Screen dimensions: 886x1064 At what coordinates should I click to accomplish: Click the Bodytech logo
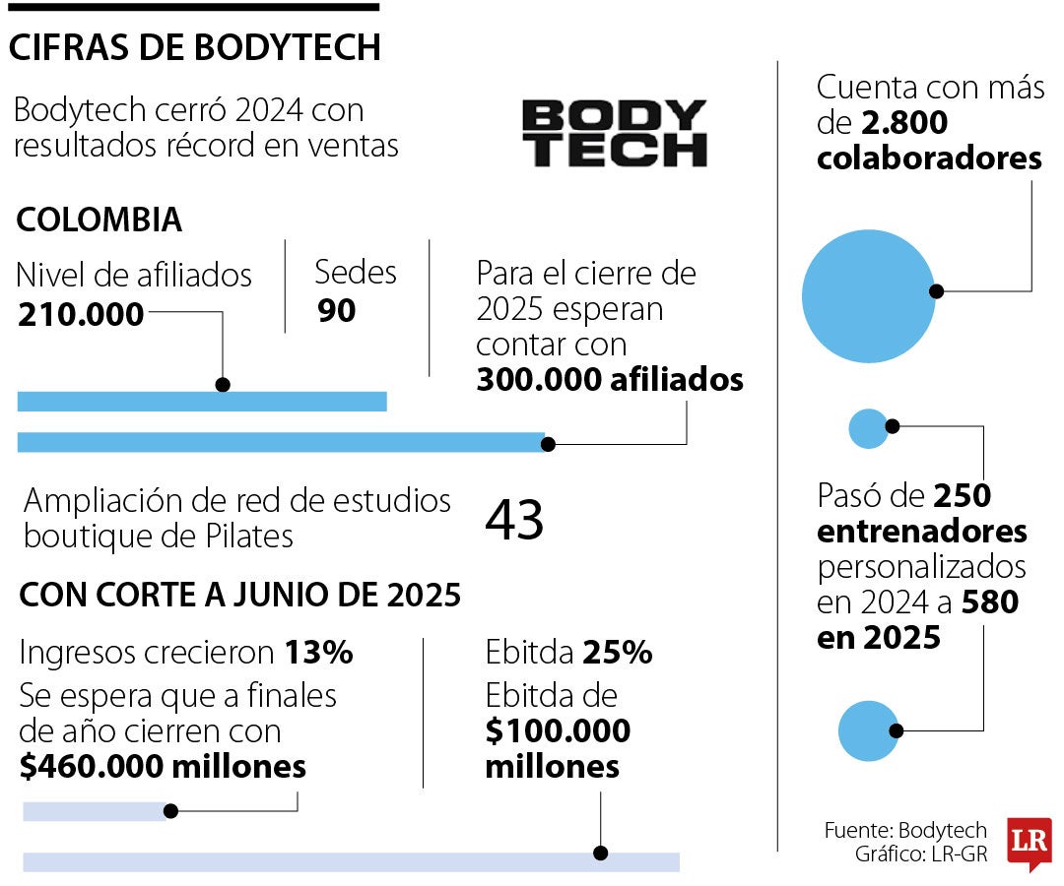(x=614, y=132)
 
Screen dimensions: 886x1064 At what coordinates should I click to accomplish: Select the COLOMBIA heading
(x=100, y=220)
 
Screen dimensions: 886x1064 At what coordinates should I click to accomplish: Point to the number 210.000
(x=81, y=314)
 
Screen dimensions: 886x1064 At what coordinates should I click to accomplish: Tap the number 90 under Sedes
(x=336, y=310)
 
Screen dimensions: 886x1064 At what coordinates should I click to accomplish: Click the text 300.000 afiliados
(x=609, y=380)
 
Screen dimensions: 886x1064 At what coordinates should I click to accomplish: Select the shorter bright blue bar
(x=202, y=401)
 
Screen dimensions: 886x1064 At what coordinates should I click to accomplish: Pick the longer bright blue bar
(x=281, y=442)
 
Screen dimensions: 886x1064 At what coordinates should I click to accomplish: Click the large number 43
(x=514, y=519)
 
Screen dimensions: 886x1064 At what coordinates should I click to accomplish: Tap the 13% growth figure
(x=319, y=653)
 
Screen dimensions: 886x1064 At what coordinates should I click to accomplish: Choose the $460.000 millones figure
(x=163, y=767)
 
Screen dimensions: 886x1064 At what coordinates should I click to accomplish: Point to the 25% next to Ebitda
(x=617, y=653)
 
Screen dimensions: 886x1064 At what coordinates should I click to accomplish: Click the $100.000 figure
(x=558, y=731)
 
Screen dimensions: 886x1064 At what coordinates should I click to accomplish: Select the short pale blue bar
(x=96, y=811)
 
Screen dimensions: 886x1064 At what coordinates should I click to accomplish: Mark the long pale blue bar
(x=351, y=861)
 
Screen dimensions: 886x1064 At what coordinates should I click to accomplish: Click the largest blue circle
(x=868, y=295)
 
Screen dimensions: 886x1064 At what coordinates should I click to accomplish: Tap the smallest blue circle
(x=869, y=428)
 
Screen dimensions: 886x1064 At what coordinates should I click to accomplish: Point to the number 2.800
(x=901, y=123)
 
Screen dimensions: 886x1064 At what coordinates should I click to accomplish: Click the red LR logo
(x=1029, y=842)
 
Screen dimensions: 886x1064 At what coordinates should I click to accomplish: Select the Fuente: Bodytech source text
(x=904, y=830)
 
